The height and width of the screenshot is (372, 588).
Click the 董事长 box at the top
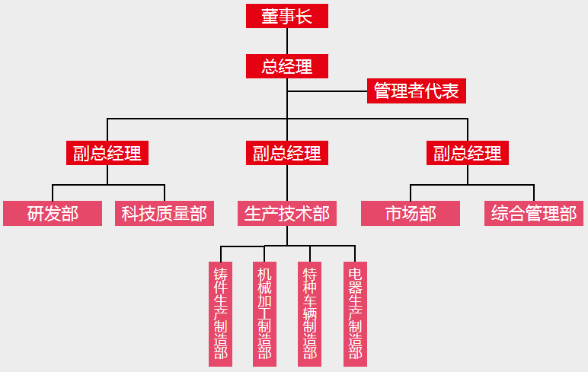(287, 16)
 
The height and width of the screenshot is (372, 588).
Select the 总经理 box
(287, 66)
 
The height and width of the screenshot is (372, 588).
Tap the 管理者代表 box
(416, 91)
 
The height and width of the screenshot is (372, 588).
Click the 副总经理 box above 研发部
(107, 153)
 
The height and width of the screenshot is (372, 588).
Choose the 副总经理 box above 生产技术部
(287, 153)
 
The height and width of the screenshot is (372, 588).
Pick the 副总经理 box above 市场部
(468, 153)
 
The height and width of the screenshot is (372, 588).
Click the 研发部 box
(53, 213)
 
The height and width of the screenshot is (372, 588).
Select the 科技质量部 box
(165, 213)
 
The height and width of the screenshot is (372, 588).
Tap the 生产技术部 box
(287, 213)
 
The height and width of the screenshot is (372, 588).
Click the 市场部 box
(411, 213)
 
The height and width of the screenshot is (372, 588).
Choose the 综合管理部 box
(534, 213)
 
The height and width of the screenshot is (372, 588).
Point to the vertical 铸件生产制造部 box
(221, 313)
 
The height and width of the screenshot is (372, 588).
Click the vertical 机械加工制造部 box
(264, 313)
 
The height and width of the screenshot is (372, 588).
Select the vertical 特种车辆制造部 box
(309, 313)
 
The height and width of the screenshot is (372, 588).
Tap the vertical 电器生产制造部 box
(355, 313)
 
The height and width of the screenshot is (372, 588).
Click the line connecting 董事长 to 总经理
(287, 41)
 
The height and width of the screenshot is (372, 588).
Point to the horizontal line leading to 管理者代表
(328, 92)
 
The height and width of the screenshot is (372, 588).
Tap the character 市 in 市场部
(394, 213)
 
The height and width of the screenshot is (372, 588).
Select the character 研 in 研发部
(36, 213)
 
